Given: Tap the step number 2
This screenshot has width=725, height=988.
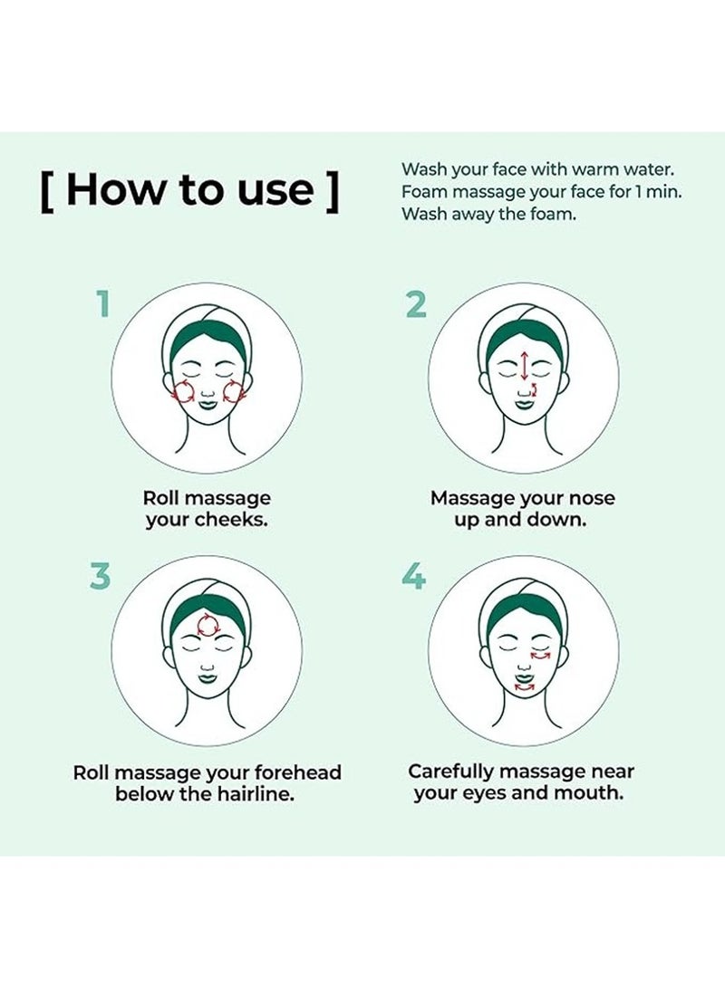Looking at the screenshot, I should tap(415, 304).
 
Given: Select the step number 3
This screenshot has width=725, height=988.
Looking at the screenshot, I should tap(101, 575).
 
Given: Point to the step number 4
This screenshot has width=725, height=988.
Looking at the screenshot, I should tap(414, 576).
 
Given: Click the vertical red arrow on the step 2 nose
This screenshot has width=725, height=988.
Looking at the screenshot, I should tap(523, 365).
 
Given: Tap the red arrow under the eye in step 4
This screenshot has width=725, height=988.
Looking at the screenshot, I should tap(541, 654).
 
